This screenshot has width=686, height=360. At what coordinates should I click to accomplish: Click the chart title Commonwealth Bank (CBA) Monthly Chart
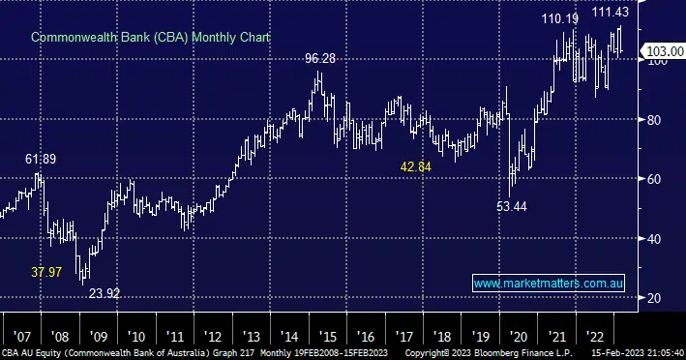tap(150, 37)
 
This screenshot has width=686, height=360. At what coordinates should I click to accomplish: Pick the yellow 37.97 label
tap(46, 272)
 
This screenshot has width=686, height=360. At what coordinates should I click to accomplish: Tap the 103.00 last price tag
tap(665, 51)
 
